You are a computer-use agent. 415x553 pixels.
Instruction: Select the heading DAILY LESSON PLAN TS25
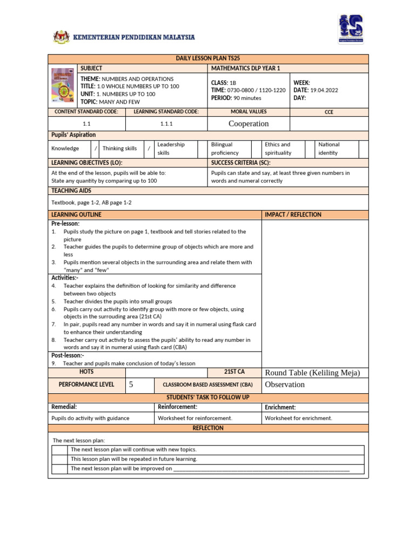[208, 59]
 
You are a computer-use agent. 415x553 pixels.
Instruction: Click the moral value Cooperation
[249, 124]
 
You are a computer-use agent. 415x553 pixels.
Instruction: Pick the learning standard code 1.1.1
[166, 124]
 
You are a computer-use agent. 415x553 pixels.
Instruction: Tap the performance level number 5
[130, 385]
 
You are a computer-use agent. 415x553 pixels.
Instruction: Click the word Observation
[285, 385]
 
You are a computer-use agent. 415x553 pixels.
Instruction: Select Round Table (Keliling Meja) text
[312, 373]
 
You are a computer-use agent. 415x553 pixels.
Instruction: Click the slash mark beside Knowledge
[96, 149]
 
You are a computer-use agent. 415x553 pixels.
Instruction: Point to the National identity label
[329, 149]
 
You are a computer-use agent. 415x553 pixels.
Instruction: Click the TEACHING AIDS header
[71, 191]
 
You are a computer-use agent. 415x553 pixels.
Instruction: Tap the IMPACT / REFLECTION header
[293, 214]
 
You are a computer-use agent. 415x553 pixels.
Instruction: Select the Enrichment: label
[280, 407]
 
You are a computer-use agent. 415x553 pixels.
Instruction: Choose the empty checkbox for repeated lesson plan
[60, 459]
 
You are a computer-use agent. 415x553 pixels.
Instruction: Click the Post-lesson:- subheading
[68, 355]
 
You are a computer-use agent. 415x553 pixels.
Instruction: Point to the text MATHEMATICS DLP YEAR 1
[246, 69]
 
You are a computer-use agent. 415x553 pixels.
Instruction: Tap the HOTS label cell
[86, 372]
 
